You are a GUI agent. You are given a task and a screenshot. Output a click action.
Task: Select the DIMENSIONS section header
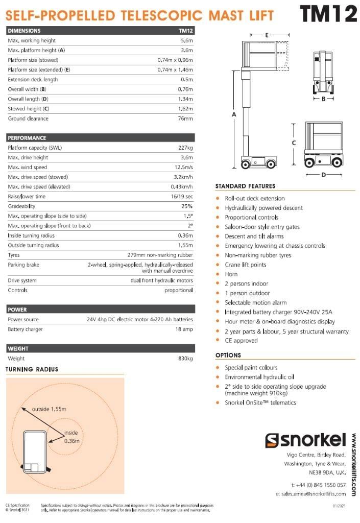point(25,31)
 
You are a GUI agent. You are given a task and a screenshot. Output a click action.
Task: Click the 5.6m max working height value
point(187,40)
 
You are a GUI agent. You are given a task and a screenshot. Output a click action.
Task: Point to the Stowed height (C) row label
point(29,109)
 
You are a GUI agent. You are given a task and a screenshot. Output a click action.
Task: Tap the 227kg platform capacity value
point(185,148)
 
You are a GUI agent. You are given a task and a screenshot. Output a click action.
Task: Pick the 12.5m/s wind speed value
point(183,167)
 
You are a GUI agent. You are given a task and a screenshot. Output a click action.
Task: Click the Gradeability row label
point(21,206)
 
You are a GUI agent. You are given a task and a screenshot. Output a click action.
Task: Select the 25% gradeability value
point(187,206)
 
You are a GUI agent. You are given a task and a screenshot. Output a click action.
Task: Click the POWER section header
point(17,310)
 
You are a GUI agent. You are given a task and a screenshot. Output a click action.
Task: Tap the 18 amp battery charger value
point(185,329)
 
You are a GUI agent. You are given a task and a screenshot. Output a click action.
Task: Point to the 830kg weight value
point(185,359)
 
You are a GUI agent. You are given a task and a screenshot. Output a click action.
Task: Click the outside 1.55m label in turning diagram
point(50,409)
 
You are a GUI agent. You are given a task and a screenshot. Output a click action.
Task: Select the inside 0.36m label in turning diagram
point(72,437)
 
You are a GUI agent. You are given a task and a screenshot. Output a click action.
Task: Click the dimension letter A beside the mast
point(234,115)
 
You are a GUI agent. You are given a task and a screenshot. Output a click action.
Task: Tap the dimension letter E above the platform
point(267,35)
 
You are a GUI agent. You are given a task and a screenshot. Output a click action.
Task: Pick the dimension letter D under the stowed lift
point(323,175)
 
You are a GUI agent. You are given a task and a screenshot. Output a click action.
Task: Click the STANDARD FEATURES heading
point(245,186)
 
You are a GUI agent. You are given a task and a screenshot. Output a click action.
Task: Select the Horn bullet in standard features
point(231,274)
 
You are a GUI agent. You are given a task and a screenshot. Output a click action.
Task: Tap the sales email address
point(310,494)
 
